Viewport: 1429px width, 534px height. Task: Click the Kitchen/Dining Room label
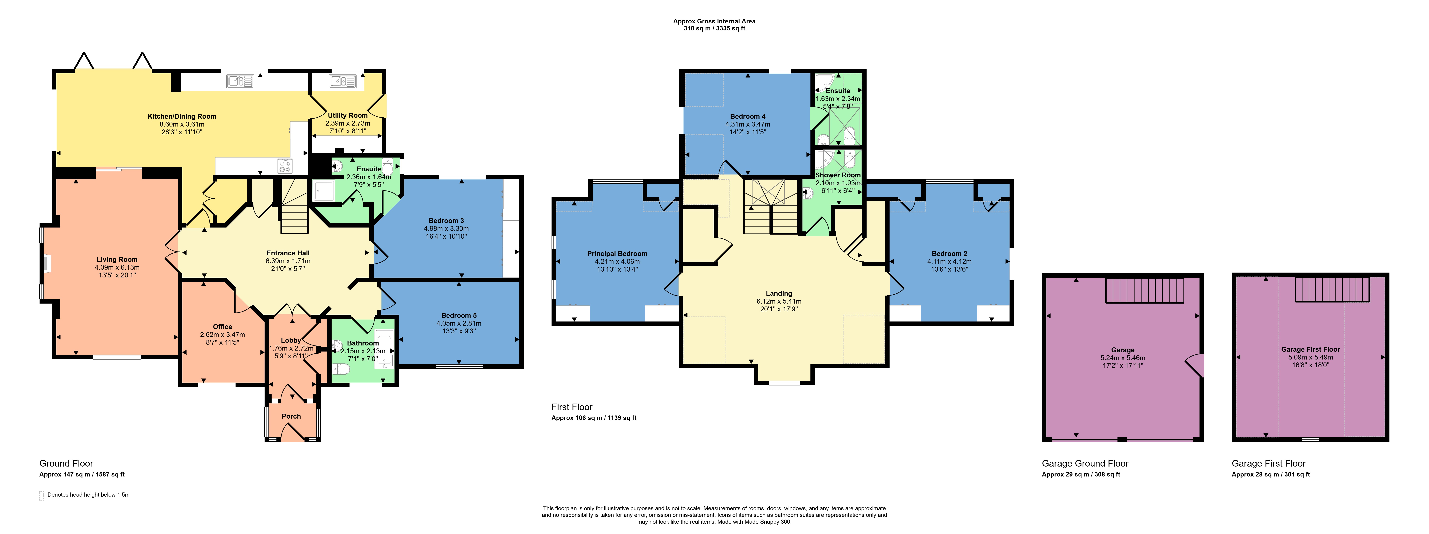[182, 117]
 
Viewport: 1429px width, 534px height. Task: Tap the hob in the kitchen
[285, 165]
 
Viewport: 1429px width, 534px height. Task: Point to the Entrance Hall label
[288, 253]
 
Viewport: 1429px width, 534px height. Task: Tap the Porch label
[291, 416]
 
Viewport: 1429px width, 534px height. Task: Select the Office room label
[222, 327]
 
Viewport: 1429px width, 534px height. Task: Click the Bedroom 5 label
[459, 315]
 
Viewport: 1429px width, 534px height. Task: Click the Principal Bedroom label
[617, 254]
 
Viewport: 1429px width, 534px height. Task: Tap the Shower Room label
[838, 175]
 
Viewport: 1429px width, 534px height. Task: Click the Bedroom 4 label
[748, 117]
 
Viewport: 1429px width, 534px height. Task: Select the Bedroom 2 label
[950, 254]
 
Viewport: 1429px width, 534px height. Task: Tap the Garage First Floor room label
[1310, 349]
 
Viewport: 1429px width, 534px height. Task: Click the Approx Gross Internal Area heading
[715, 21]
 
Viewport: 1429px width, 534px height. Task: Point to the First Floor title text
[572, 407]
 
